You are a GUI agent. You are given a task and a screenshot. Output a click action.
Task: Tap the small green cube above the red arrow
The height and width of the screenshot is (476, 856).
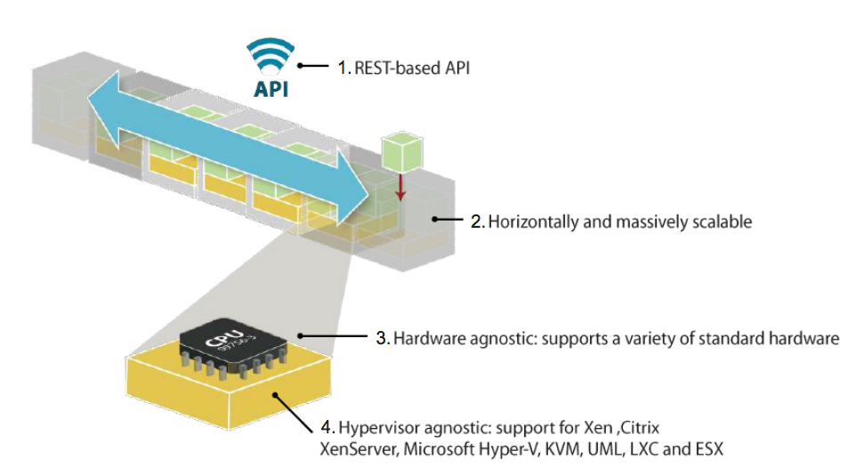(x=399, y=150)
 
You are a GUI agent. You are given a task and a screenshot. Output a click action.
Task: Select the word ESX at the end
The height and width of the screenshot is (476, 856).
(x=706, y=448)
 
